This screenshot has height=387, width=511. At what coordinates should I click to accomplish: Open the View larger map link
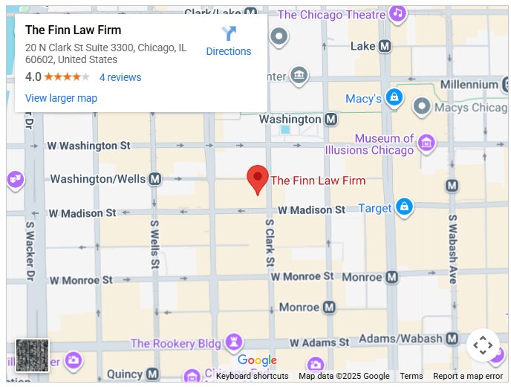[61, 98]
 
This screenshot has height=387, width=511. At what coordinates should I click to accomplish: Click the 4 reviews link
[120, 77]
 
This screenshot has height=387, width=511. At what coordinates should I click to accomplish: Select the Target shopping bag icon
[403, 206]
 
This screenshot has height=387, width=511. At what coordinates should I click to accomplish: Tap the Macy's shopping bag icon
[394, 97]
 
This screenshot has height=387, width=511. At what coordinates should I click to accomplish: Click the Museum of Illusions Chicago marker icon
[426, 143]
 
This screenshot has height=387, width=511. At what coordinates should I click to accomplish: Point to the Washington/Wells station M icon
[154, 179]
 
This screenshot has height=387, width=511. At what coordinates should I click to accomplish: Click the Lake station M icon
[385, 46]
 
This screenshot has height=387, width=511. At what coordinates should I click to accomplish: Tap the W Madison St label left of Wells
[82, 213]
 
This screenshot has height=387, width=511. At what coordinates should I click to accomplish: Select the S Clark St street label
[270, 241]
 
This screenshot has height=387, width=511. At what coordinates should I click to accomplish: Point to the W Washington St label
[88, 146]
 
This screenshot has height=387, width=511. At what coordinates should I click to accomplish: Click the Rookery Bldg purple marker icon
[235, 342]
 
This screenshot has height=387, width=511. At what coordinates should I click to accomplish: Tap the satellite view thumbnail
[32, 356]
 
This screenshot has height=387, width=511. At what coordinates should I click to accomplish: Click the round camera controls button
[483, 345]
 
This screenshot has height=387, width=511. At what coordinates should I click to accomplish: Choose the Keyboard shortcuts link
[252, 376]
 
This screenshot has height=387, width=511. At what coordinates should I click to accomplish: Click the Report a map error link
[468, 376]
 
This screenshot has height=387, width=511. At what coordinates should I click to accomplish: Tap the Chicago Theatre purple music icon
[398, 13]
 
